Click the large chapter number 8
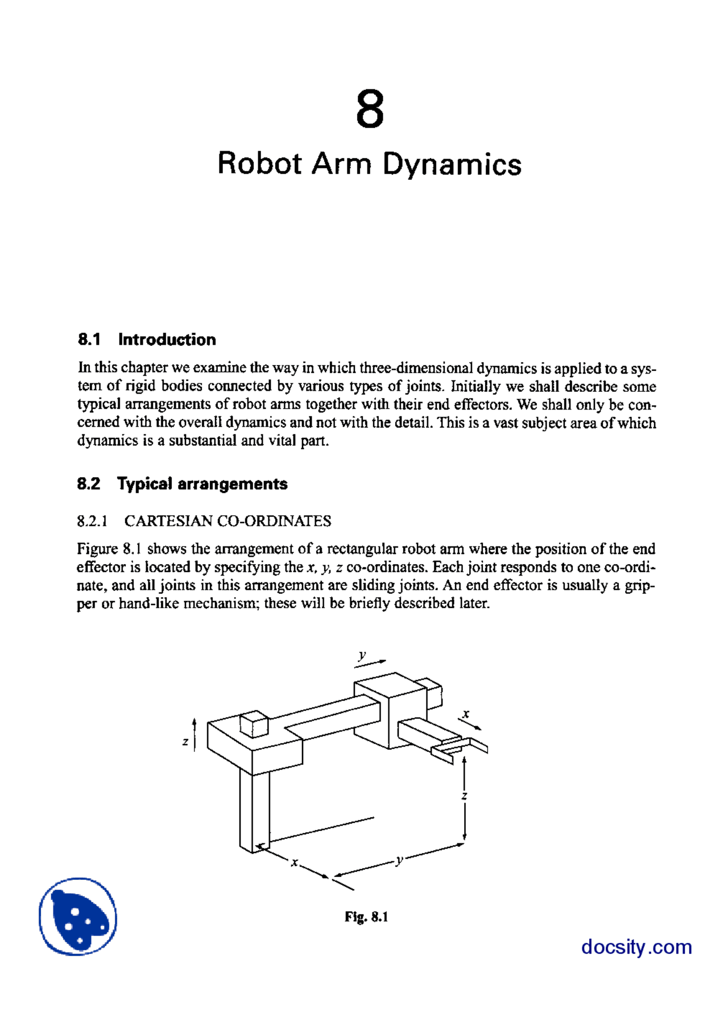coord(370,109)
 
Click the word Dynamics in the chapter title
coord(452,165)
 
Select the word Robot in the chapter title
coord(259,164)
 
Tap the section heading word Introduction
coord(167,340)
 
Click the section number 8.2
coord(88,484)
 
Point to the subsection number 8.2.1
coord(92,521)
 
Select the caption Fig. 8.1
coord(366,917)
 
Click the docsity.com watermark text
coord(636,947)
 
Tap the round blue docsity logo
coord(78,916)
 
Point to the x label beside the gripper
coord(466,714)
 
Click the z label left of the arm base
coord(185,742)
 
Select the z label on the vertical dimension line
coord(465,796)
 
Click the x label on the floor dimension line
coord(294,862)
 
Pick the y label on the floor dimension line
coord(399,860)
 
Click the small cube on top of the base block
coord(254,724)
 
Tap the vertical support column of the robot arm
coord(254,810)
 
